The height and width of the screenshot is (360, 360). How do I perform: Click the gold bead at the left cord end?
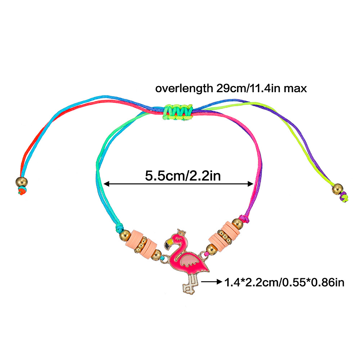21,181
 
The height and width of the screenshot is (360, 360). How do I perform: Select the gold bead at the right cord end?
337,188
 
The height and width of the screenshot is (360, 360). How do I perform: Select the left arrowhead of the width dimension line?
107,184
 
